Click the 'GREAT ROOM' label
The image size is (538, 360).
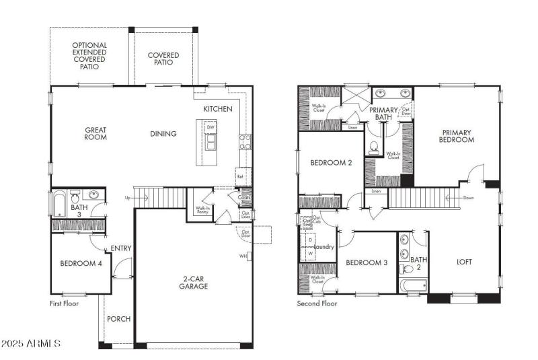coord(95,134)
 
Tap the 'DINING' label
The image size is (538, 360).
coord(163,134)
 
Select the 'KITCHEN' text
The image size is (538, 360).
coord(218,109)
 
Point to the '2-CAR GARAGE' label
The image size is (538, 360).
coord(194,282)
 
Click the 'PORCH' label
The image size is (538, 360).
coord(118,319)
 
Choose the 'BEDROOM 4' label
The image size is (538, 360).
coord(81,264)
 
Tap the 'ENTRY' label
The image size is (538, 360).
coord(121,248)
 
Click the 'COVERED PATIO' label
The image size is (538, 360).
coord(163,59)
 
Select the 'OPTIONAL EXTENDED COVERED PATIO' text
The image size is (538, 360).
coord(89,57)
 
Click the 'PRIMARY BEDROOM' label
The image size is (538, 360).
coord(457,136)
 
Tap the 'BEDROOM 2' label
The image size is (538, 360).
coord(330,163)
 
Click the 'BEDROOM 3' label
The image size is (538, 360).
coord(367,262)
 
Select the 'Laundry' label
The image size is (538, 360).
coord(324,248)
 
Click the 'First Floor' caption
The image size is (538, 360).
coord(65,304)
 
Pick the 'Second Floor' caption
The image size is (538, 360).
coord(317,304)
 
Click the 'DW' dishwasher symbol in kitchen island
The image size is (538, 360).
coord(210,127)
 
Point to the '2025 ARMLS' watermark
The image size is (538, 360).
coord(31,344)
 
